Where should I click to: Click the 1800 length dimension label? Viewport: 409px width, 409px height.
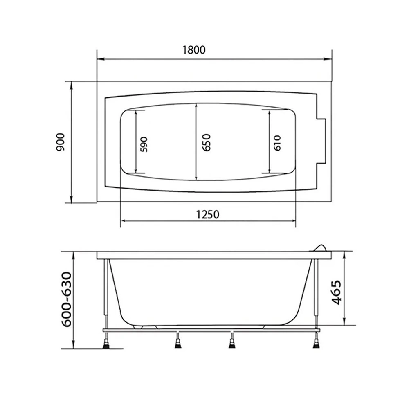[193, 50]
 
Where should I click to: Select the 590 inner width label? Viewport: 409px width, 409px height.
[144, 144]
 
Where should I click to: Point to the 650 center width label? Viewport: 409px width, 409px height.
[206, 142]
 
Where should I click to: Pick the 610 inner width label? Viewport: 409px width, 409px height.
[277, 143]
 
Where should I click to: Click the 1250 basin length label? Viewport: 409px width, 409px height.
[208, 214]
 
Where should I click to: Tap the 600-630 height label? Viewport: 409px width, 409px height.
[67, 299]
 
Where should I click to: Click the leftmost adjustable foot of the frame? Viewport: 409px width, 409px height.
[107, 343]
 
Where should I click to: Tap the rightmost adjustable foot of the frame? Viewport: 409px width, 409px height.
[316, 343]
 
